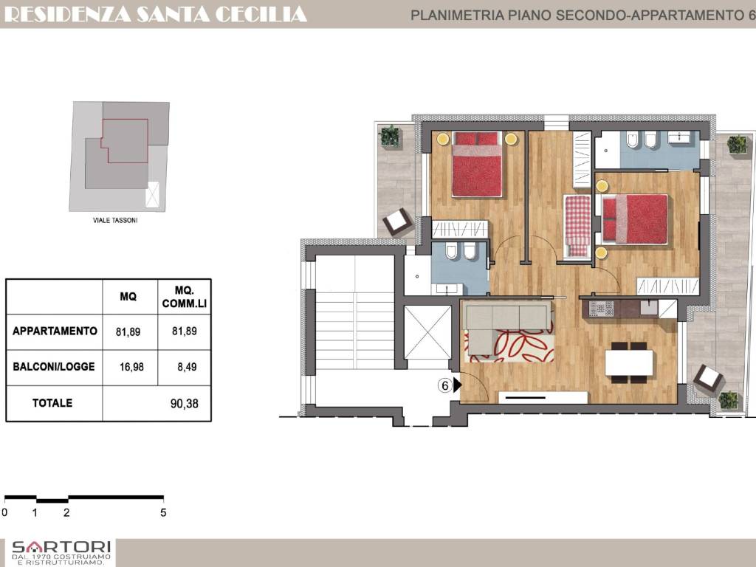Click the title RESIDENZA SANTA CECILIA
point(155,13)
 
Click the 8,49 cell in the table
point(185,366)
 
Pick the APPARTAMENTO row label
point(55,331)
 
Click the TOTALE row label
point(52,403)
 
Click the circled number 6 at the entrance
point(444,385)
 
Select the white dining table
point(629,362)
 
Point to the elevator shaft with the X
point(427,332)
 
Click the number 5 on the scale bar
point(163,512)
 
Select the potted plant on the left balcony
point(389,136)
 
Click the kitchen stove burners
point(602,309)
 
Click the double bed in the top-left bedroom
point(477,165)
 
